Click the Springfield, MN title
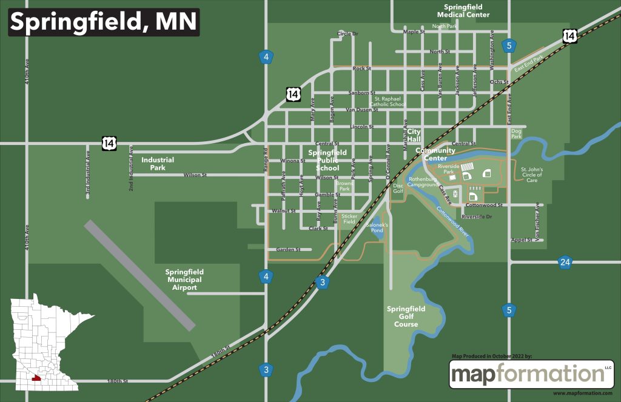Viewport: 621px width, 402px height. click(x=103, y=22)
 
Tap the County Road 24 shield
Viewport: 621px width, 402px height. click(x=565, y=262)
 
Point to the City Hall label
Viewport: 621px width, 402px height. click(x=414, y=135)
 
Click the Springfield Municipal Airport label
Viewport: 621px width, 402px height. click(x=184, y=280)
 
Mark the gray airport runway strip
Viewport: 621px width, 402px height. click(x=139, y=275)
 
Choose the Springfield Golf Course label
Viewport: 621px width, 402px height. click(x=406, y=317)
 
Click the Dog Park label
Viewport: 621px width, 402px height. click(x=516, y=133)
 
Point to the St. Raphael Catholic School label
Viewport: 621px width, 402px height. click(x=389, y=101)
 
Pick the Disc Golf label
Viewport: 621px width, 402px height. click(x=398, y=189)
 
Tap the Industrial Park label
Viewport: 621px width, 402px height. click(x=158, y=164)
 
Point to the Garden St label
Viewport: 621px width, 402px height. click(x=288, y=249)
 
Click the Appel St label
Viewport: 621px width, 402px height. click(x=521, y=240)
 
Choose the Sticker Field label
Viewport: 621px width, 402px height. click(x=349, y=218)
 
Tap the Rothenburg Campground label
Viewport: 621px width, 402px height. click(x=423, y=182)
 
